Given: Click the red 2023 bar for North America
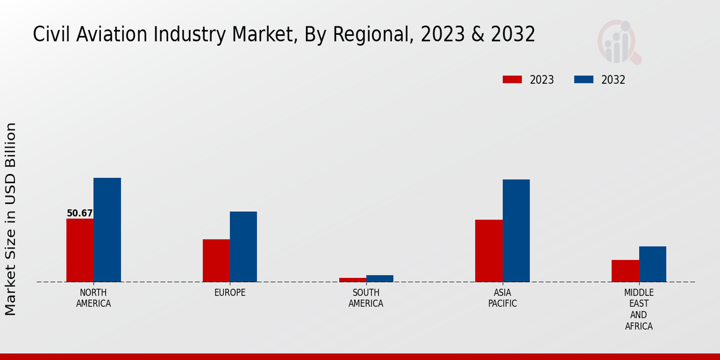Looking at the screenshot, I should (x=80, y=250).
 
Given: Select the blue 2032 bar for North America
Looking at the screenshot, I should (x=107, y=230).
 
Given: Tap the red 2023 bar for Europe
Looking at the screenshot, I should (x=216, y=260).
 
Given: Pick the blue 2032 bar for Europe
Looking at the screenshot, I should (x=243, y=247).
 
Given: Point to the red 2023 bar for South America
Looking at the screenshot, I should (x=352, y=280).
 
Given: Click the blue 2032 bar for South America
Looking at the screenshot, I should (x=380, y=278).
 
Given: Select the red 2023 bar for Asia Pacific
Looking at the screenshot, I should (x=488, y=251).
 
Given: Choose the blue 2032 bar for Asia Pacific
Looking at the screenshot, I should (x=516, y=230).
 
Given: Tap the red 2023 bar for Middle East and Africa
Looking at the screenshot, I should (x=625, y=271).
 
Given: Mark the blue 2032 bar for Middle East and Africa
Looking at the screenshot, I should (x=652, y=264).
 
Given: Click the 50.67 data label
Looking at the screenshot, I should (x=80, y=213).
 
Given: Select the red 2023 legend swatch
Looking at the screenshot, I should (x=512, y=80).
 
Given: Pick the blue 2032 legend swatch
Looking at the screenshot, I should (x=584, y=80).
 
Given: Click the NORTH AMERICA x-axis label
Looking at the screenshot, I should (x=94, y=298).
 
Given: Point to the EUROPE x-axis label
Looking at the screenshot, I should (x=230, y=293).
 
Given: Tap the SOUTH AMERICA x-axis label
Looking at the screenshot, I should (x=366, y=298).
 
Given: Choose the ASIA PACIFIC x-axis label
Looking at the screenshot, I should (x=502, y=298).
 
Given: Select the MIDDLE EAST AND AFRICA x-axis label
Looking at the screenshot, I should (x=638, y=310).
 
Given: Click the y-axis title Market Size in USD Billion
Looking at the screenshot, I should (x=11, y=219).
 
